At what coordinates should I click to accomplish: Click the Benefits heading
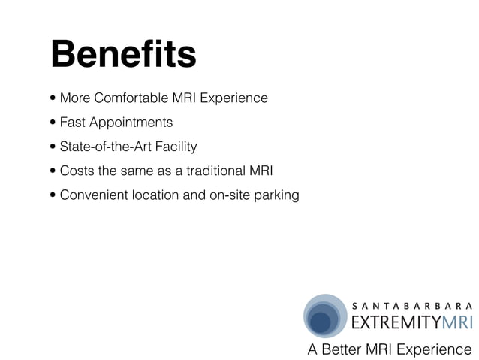123,55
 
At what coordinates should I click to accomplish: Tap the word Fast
73,123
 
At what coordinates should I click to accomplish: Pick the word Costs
77,171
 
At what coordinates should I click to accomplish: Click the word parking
277,196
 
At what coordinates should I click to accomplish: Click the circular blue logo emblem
324,316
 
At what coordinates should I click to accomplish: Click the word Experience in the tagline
435,349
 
